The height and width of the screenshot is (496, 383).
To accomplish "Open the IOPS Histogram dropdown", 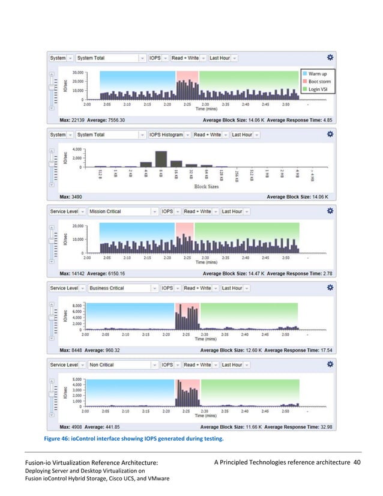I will click(168, 135).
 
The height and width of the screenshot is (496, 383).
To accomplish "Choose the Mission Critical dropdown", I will click(122, 211).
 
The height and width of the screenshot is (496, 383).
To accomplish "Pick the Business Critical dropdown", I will click(122, 288).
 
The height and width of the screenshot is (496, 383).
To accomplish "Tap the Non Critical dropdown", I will click(122, 364).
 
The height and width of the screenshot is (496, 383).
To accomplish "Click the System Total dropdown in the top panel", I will click(110, 58).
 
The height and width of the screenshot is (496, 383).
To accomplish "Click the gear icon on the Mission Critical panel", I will click(330, 211).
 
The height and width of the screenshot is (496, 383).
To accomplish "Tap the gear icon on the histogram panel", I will click(330, 135).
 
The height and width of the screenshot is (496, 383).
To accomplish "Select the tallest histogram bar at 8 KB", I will click(160, 159).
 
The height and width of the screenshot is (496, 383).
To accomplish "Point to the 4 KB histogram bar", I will click(145, 163).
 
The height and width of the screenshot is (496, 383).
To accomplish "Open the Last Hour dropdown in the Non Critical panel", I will click(234, 364).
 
